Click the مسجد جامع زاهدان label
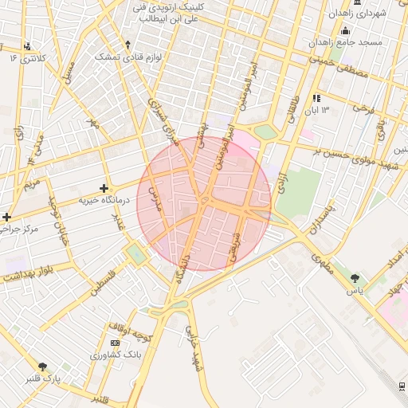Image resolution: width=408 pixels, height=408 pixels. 347,41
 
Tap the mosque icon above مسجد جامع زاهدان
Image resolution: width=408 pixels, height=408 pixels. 345,30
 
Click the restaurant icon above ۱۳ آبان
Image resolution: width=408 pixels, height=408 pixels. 316,98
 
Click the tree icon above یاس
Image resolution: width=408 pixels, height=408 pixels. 355,278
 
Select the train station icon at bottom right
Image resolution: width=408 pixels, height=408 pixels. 402,386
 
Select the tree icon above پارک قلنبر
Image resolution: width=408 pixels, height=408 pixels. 42,367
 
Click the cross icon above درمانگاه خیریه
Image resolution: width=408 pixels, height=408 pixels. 104,187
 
